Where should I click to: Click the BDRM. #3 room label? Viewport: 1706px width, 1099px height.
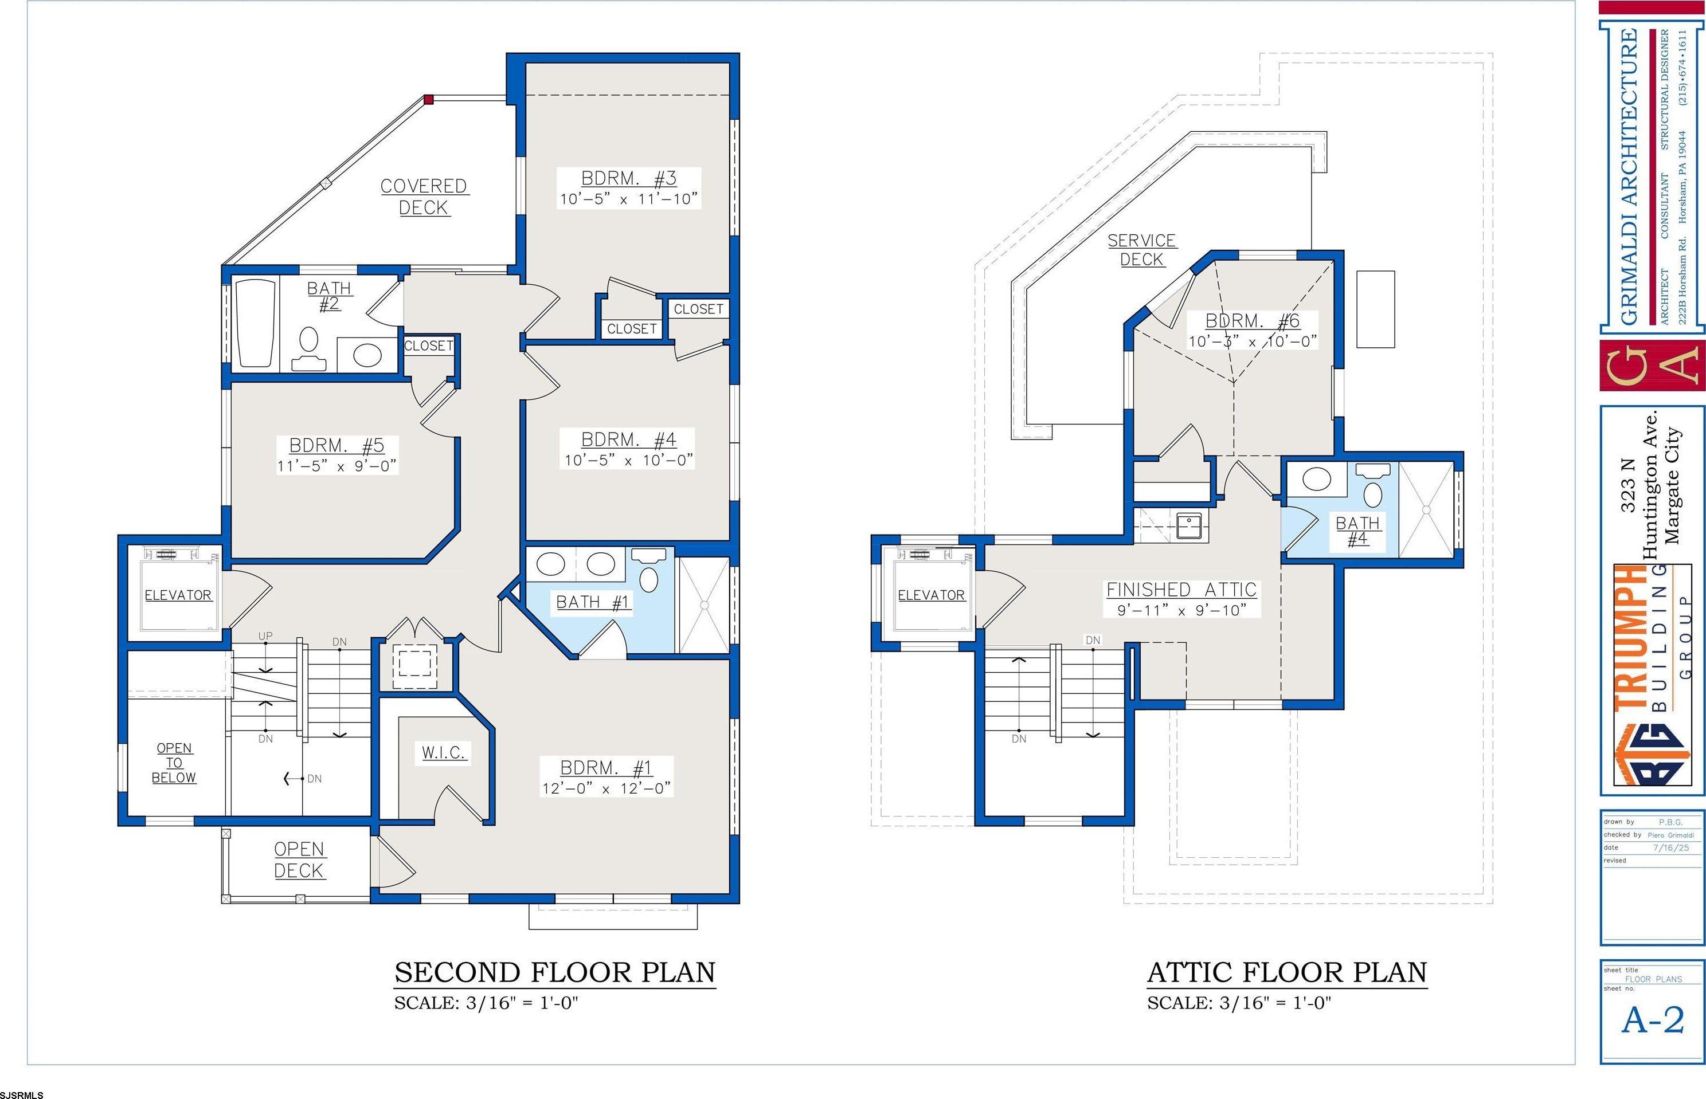pos(628,178)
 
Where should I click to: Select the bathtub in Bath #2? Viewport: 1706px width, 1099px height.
pos(256,323)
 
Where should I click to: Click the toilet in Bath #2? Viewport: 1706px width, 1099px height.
pos(309,349)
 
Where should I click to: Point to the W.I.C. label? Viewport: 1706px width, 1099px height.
pos(443,752)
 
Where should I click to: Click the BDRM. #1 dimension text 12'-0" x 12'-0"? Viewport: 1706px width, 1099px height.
pos(606,788)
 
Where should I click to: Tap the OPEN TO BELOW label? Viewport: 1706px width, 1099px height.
pos(174,763)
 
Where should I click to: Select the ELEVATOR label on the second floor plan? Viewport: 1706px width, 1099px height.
pos(178,595)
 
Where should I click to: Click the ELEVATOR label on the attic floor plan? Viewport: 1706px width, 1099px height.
pos(931,595)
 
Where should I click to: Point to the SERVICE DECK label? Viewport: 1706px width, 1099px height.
pos(1141,250)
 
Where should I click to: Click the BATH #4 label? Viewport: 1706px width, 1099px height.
pos(1357,532)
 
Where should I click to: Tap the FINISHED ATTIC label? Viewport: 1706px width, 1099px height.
pos(1181,590)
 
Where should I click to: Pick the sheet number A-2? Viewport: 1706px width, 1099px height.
pos(1653,1020)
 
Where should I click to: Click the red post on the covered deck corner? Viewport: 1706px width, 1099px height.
pos(428,100)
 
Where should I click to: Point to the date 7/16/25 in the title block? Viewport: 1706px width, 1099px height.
pos(1671,848)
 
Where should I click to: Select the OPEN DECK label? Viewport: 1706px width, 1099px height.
pos(299,860)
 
